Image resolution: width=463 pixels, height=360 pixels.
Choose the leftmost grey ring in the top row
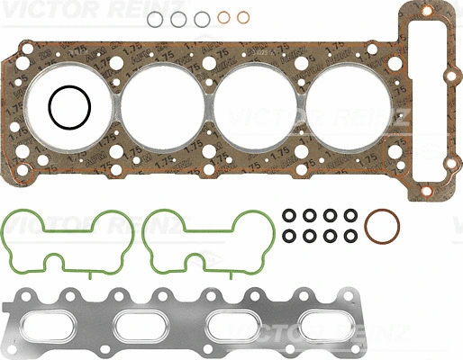[x=158, y=20]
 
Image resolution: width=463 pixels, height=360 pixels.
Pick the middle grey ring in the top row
[x=180, y=20]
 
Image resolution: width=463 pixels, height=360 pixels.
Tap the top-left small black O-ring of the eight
[x=288, y=216]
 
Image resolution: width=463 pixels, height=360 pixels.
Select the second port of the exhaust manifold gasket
[x=148, y=322]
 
